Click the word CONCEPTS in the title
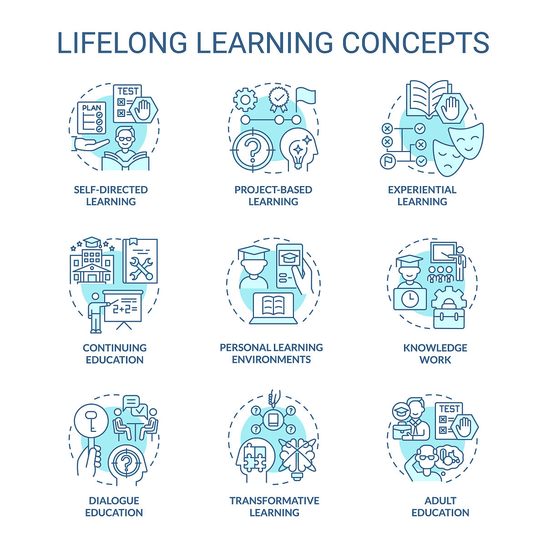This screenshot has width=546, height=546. (416, 42)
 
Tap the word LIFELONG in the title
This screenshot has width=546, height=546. (122, 42)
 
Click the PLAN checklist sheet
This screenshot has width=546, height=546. (91, 117)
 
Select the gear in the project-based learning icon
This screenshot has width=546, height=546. (245, 100)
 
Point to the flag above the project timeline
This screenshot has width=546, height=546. (305, 100)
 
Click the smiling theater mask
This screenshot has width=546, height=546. (466, 141)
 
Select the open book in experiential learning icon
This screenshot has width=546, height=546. (427, 98)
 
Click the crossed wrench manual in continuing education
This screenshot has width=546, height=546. (140, 261)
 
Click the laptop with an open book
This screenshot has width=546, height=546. (273, 308)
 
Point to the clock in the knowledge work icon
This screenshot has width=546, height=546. (410, 299)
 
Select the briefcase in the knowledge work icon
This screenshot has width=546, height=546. (449, 318)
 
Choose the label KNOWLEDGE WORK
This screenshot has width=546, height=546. (435, 354)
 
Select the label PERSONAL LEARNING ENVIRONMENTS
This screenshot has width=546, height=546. (272, 354)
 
